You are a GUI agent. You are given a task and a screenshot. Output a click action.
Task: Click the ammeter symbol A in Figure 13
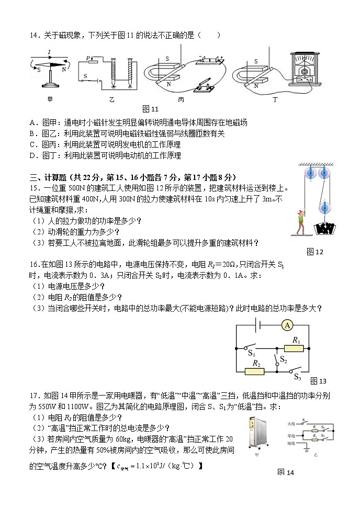(x=287, y=325)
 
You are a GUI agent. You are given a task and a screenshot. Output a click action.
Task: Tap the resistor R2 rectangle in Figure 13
(x=255, y=371)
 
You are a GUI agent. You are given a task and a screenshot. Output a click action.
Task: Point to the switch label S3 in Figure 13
(x=298, y=377)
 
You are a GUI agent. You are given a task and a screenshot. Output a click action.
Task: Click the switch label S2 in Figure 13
(x=283, y=359)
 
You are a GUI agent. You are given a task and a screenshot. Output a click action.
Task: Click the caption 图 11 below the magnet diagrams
(x=150, y=109)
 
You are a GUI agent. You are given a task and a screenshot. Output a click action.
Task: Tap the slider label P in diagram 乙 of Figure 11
(x=88, y=58)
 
